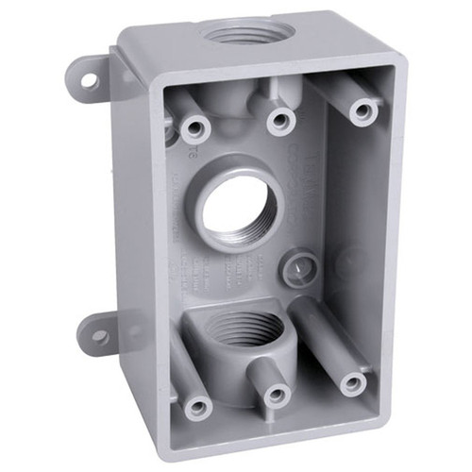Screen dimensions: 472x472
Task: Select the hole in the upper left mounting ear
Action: tap(89, 81)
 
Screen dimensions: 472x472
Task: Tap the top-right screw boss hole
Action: tap(363, 111)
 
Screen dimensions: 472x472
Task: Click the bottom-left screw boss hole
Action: tap(197, 408)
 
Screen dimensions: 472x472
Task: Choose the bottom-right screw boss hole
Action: tap(353, 382)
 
